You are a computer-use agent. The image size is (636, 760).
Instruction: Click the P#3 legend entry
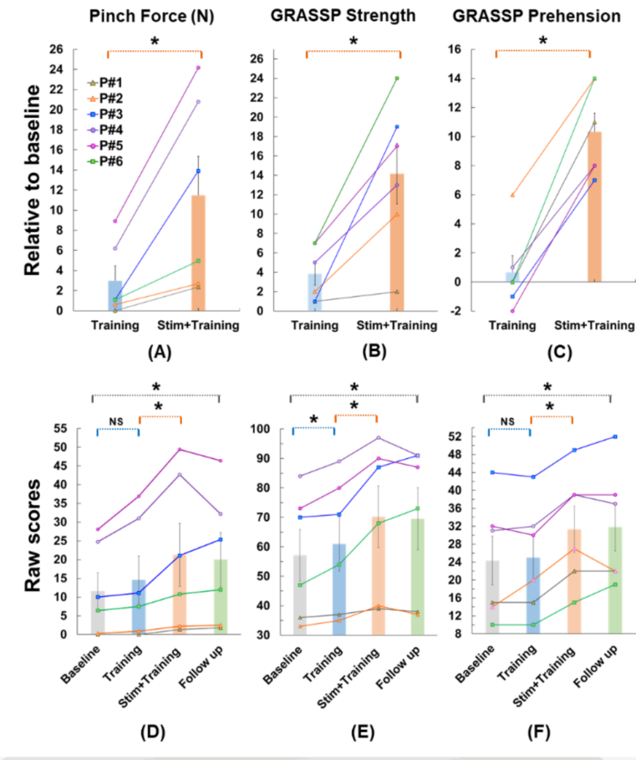(105, 114)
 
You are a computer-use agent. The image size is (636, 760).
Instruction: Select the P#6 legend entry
(105, 161)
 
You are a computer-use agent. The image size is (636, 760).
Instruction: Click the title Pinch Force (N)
(151, 17)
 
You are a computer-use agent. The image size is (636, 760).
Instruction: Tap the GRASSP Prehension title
(536, 17)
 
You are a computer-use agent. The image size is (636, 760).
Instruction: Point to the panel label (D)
(153, 732)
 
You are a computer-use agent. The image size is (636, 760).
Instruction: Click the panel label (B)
(374, 352)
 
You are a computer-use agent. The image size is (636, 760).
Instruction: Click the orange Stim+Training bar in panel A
(198, 253)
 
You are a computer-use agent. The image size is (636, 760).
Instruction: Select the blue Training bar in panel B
(315, 292)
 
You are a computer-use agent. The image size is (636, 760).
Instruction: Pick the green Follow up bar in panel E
(418, 577)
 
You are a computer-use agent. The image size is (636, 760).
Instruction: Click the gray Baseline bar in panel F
(492, 597)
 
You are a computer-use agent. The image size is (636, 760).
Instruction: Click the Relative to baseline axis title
(33, 180)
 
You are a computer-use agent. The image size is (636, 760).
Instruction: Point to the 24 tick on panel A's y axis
(56, 69)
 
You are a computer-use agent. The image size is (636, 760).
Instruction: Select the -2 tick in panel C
(458, 311)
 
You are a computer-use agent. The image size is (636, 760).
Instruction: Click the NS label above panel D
(116, 422)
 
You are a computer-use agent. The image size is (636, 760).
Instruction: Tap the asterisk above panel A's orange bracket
(154, 41)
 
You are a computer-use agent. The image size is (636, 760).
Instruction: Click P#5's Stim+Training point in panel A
(198, 67)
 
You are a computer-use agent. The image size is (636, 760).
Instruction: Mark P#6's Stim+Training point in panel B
(397, 78)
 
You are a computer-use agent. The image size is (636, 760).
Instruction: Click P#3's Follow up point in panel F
(615, 436)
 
